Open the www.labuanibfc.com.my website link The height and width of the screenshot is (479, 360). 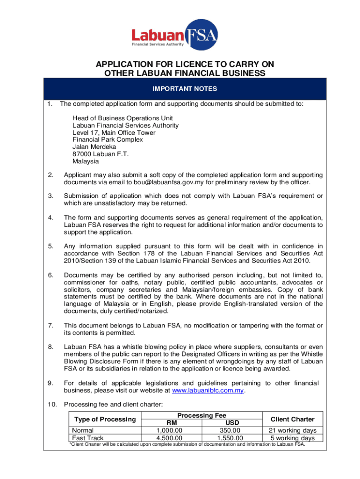pos(208,391)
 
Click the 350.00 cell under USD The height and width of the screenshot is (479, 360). pos(230,430)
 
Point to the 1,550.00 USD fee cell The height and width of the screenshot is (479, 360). pos(230,438)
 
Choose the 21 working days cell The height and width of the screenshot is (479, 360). pos(293,430)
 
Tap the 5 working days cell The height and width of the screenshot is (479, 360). pos(293,438)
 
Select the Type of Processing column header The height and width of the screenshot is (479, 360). pos(102,419)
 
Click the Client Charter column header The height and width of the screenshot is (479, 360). pos(293,419)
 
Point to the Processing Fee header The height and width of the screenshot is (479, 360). pos(202,415)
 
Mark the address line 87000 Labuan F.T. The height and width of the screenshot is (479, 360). pos(100,154)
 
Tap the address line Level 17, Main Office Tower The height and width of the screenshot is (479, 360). pos(114,132)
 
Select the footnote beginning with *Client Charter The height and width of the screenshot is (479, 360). pos(187,444)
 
